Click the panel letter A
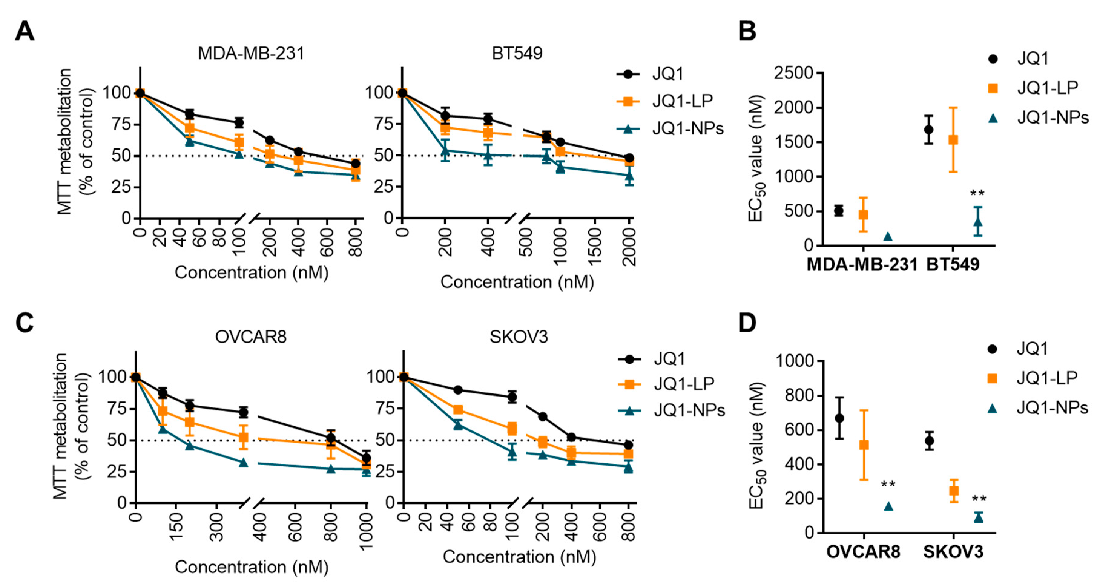(25, 32)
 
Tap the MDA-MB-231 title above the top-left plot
(251, 54)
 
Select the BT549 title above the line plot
(517, 54)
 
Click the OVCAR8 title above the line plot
(251, 337)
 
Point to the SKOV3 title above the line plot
(519, 337)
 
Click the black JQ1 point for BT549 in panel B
(929, 129)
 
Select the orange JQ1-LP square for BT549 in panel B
(953, 140)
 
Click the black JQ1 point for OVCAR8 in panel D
(839, 418)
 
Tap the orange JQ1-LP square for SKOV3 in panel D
(954, 491)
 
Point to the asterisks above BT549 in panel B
(978, 194)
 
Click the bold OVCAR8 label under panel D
(863, 552)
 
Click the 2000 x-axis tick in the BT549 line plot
(629, 247)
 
